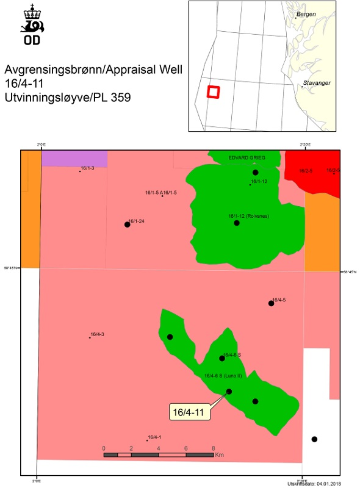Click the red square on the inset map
[x=213, y=91]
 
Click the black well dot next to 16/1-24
[x=127, y=224]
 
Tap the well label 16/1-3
[x=87, y=168]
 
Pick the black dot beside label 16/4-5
[x=271, y=303]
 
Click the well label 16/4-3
[x=97, y=334]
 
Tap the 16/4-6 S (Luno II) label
[x=223, y=376]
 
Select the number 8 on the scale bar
[x=213, y=448]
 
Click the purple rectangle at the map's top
[x=74, y=159]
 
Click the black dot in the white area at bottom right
[x=314, y=439]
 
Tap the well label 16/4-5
[x=279, y=300]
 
